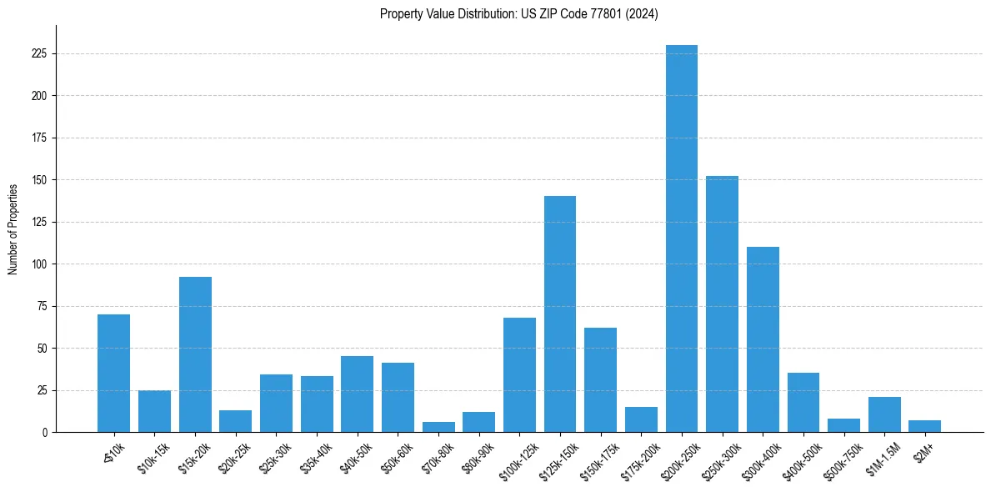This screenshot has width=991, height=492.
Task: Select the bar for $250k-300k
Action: (x=722, y=304)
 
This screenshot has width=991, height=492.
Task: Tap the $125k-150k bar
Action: (x=560, y=314)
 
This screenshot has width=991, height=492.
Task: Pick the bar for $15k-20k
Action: (x=195, y=354)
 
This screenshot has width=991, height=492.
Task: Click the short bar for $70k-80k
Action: (x=438, y=427)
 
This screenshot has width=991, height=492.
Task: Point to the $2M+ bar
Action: (x=925, y=426)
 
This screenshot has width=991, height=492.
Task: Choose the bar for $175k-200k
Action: (x=641, y=419)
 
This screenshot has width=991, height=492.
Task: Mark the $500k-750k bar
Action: (x=843, y=425)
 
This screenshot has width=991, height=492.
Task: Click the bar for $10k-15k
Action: (x=154, y=411)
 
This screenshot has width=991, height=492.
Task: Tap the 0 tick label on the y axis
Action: (x=46, y=433)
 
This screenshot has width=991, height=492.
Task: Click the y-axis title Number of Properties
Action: (x=13, y=228)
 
